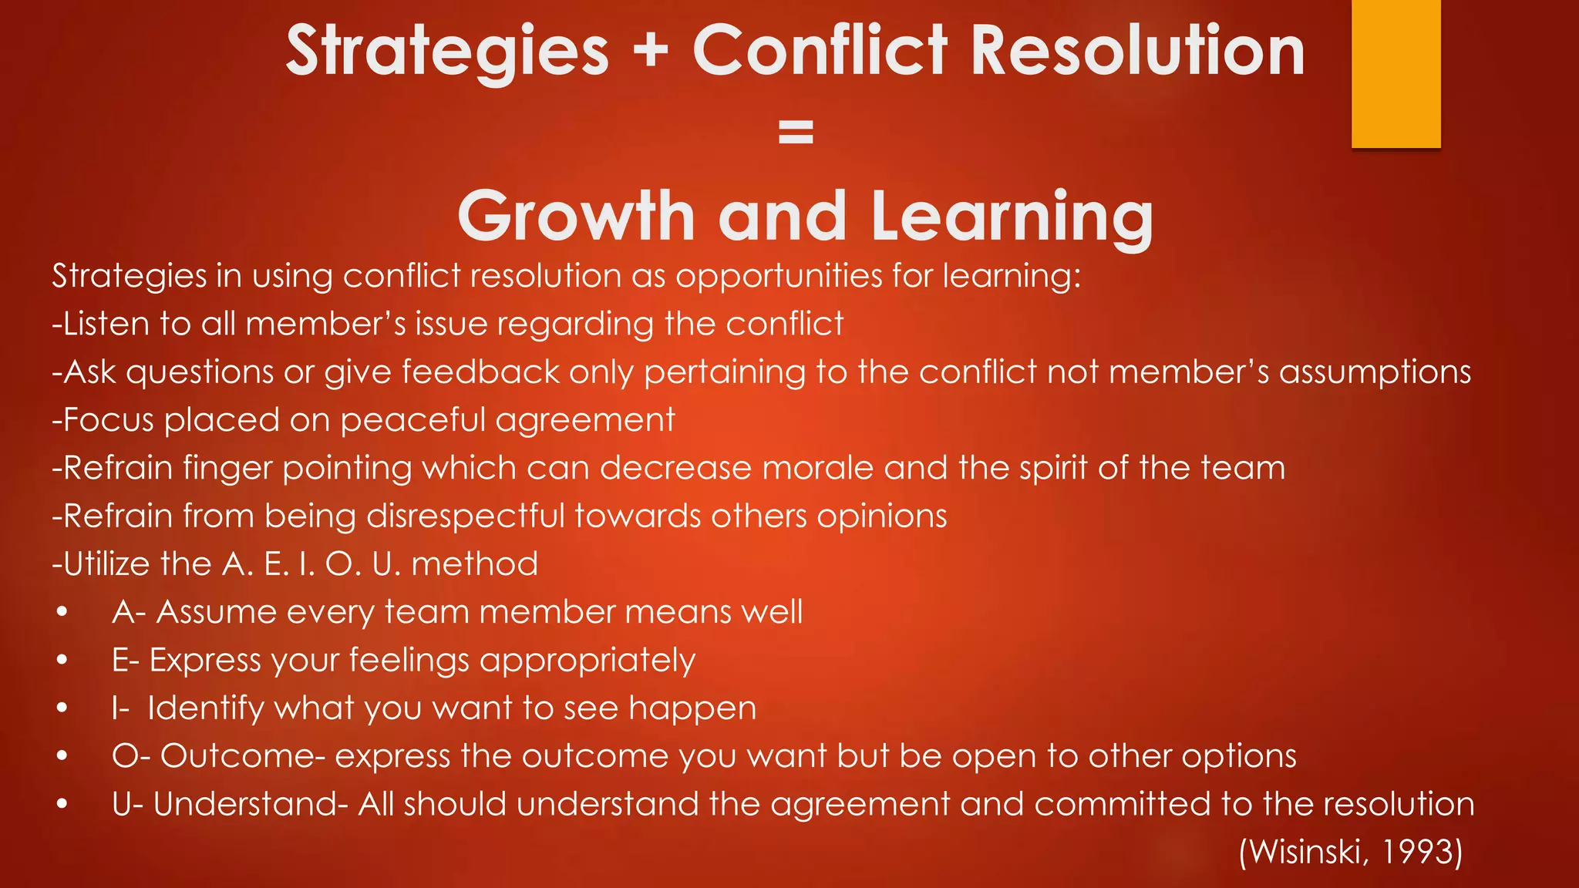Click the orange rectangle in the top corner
click(x=1396, y=73)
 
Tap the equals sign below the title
click(x=796, y=132)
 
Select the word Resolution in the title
click(x=1137, y=50)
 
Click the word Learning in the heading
click(x=1012, y=217)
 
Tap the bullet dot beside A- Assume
click(x=62, y=613)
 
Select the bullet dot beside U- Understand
click(x=62, y=805)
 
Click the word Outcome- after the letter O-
click(x=242, y=756)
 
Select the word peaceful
click(x=412, y=421)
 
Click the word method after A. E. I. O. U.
click(x=475, y=564)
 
